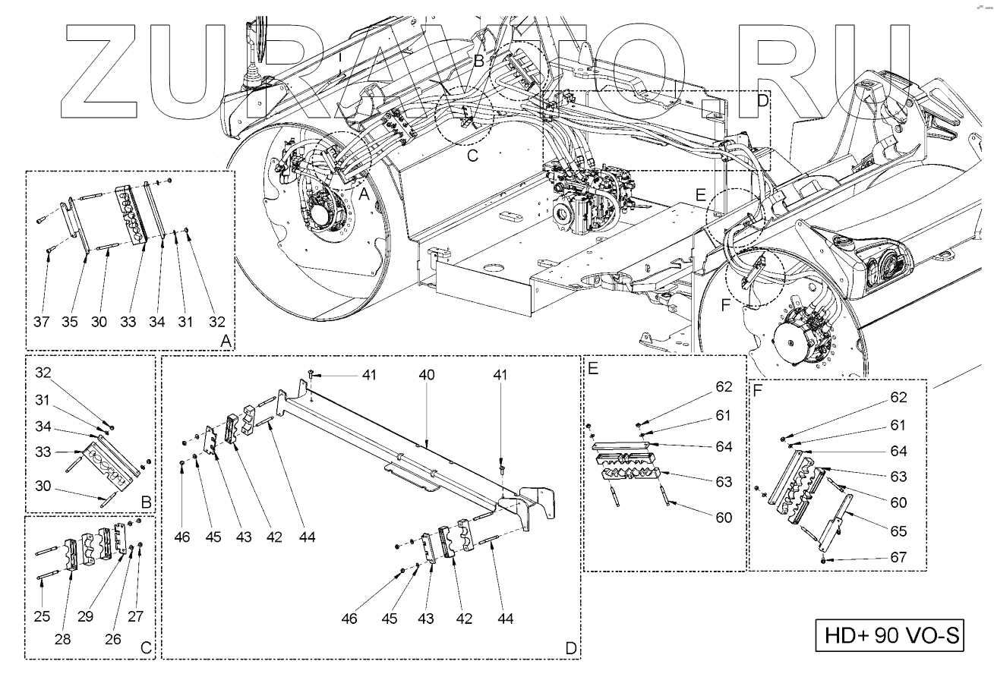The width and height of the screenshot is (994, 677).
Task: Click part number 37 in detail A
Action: tap(42, 323)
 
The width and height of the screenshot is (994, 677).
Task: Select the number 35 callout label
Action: tap(70, 323)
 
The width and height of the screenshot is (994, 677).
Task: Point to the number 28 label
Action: tap(62, 640)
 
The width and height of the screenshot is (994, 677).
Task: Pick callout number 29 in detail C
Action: tap(86, 616)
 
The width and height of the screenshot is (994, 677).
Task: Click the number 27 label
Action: tap(137, 616)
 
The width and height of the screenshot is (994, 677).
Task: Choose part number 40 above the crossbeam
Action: tap(428, 375)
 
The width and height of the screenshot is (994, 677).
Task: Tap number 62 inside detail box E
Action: tap(723, 388)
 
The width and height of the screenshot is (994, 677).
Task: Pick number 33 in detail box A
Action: tap(128, 323)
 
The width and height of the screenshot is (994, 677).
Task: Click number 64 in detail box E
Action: tap(723, 446)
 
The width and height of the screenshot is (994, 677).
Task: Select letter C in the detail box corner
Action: tap(146, 649)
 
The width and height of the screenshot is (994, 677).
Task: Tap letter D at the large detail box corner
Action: tap(570, 649)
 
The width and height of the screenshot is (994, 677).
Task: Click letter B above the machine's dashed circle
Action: tap(479, 58)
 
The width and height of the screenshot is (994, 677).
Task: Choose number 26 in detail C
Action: tap(112, 640)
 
